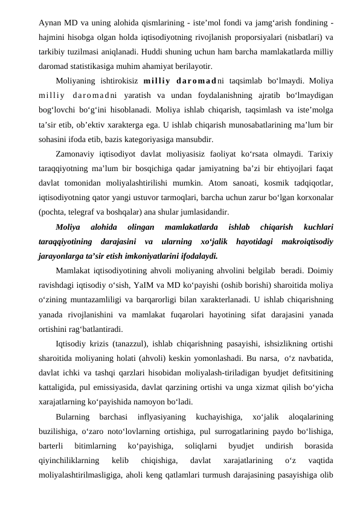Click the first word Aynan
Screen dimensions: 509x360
click(x=49, y=22)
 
